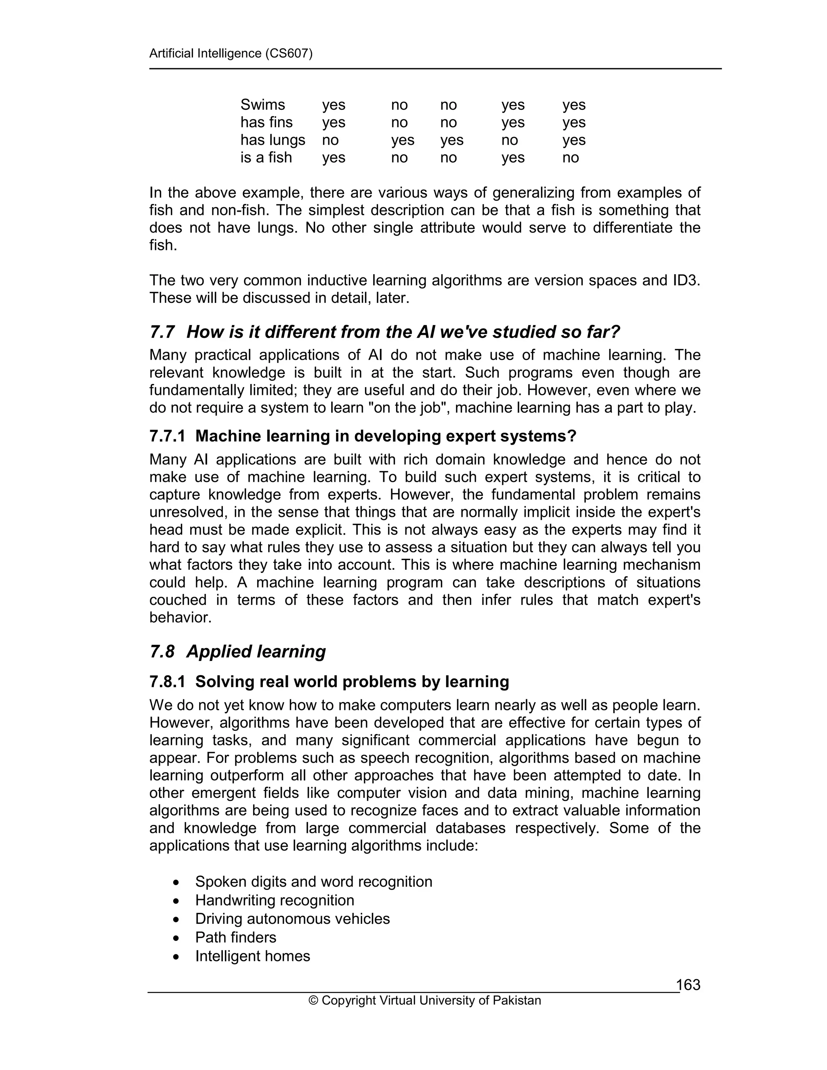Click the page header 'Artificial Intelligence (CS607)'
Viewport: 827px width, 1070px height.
click(x=230, y=53)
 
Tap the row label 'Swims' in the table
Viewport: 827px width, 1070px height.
click(x=262, y=105)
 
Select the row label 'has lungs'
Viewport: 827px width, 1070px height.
click(x=273, y=140)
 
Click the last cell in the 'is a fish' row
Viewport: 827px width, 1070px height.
click(x=570, y=158)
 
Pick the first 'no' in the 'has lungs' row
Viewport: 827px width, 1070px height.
click(x=330, y=140)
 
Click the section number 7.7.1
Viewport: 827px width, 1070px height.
click(x=167, y=436)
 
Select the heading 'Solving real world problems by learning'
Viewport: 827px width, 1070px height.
click(x=352, y=682)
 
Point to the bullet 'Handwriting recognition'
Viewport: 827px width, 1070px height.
click(x=274, y=900)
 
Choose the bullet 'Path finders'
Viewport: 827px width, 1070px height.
click(x=236, y=938)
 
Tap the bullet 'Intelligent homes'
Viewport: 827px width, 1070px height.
click(x=252, y=956)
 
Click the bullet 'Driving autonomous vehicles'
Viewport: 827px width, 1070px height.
click(x=292, y=919)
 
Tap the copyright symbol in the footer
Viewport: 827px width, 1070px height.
click(x=313, y=1001)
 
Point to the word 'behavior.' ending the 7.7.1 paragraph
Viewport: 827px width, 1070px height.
click(x=180, y=617)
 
